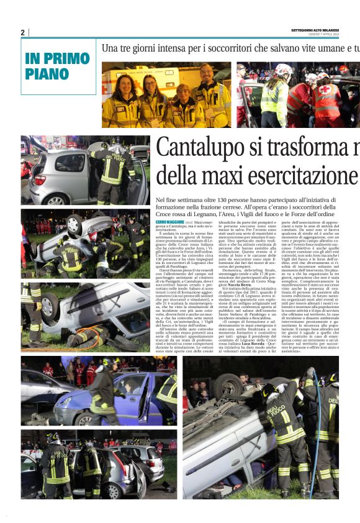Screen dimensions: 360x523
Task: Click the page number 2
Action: pos(23,32)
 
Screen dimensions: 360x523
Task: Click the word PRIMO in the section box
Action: pos(70,59)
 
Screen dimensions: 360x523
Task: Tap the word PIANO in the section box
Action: pos(47,74)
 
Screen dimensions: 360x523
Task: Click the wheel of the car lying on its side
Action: pos(53,306)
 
